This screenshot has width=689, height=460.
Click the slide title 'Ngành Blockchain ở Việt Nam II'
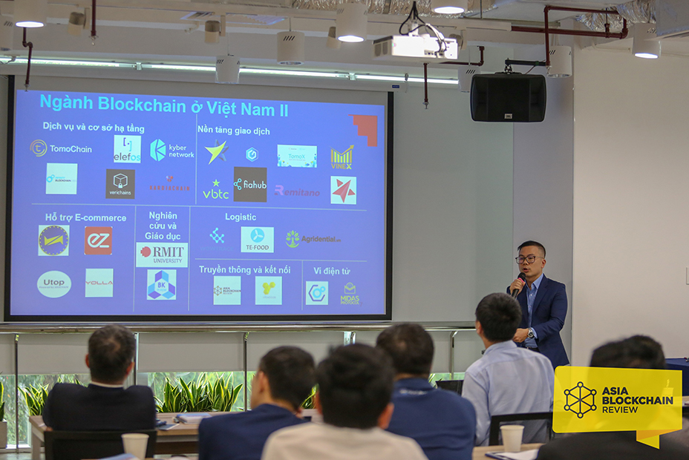(x=163, y=104)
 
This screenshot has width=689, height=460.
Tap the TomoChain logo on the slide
(x=61, y=148)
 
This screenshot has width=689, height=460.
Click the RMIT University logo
(x=162, y=254)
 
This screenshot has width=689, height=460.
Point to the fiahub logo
(x=250, y=184)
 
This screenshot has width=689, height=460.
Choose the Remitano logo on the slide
(x=297, y=191)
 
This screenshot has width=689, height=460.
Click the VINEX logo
(x=342, y=157)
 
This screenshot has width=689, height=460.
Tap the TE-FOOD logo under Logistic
(x=257, y=239)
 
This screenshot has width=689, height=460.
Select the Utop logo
(x=54, y=284)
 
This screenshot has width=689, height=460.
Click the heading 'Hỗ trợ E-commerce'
(x=85, y=217)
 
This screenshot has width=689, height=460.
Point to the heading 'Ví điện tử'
(x=331, y=271)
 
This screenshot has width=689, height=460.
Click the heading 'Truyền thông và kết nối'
(x=244, y=269)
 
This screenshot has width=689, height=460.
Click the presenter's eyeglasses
(x=528, y=259)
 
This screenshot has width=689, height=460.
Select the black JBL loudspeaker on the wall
(x=508, y=97)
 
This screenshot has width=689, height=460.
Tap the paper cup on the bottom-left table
(x=135, y=444)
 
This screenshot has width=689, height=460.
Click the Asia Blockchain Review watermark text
(x=637, y=401)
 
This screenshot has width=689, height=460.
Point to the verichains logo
(x=120, y=183)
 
